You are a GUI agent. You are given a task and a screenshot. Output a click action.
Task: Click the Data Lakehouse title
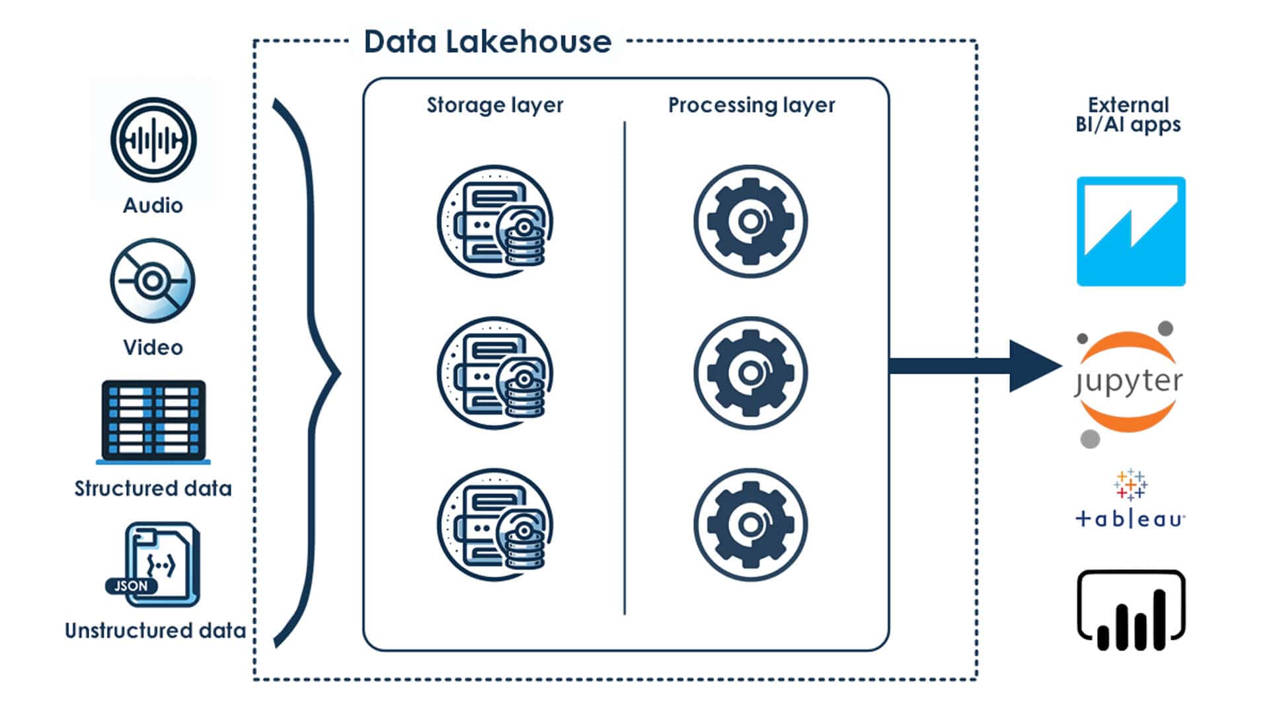point(487,42)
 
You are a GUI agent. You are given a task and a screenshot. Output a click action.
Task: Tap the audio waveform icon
point(153,140)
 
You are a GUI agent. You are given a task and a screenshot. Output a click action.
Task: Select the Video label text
point(153,347)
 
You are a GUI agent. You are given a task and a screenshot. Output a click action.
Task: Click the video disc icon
point(153,281)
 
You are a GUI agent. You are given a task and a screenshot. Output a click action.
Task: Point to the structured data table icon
point(153,420)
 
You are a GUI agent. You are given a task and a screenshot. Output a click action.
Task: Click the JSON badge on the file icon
point(131,586)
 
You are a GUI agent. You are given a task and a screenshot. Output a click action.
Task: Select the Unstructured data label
point(155,631)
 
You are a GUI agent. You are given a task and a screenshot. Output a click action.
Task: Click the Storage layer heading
point(494,105)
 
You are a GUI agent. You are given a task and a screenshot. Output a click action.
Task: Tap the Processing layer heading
point(751,105)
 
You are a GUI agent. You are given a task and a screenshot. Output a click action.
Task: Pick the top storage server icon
point(495,221)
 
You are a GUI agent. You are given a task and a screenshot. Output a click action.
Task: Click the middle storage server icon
point(495,374)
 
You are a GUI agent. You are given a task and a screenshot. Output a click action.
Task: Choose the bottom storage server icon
point(495,525)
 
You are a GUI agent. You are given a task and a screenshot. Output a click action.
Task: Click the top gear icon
point(750,221)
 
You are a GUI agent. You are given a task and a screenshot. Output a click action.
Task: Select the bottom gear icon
point(750,525)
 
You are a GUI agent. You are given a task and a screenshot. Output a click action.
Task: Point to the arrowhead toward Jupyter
point(1032,366)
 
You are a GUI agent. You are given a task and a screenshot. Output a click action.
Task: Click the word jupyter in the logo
point(1129,382)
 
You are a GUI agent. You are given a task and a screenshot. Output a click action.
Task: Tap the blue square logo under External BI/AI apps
point(1131,231)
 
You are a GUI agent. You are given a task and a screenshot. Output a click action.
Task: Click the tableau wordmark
point(1130,520)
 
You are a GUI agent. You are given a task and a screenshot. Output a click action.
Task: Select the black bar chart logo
point(1131,611)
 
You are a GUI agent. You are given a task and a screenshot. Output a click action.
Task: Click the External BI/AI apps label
point(1128,114)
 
